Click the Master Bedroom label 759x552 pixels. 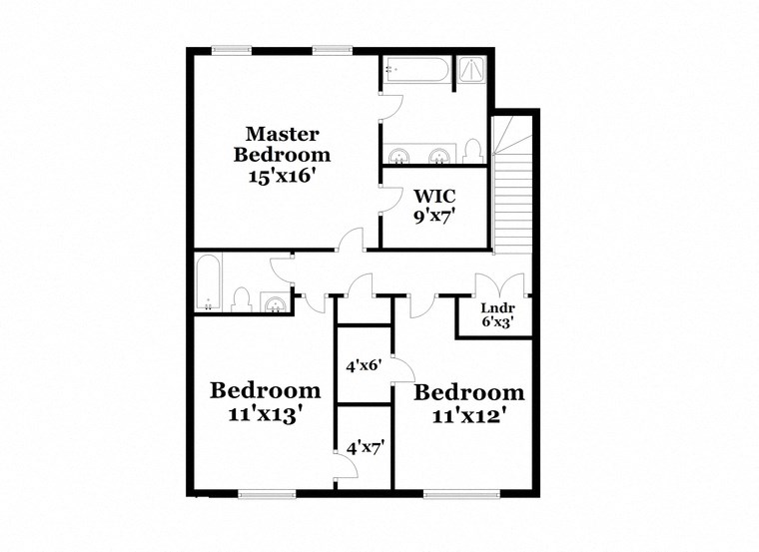282,144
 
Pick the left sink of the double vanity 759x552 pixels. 399,156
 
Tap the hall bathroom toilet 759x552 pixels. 241,298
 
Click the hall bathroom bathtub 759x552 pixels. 208,283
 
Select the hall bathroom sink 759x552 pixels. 273,300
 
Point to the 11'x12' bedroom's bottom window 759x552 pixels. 453,493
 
